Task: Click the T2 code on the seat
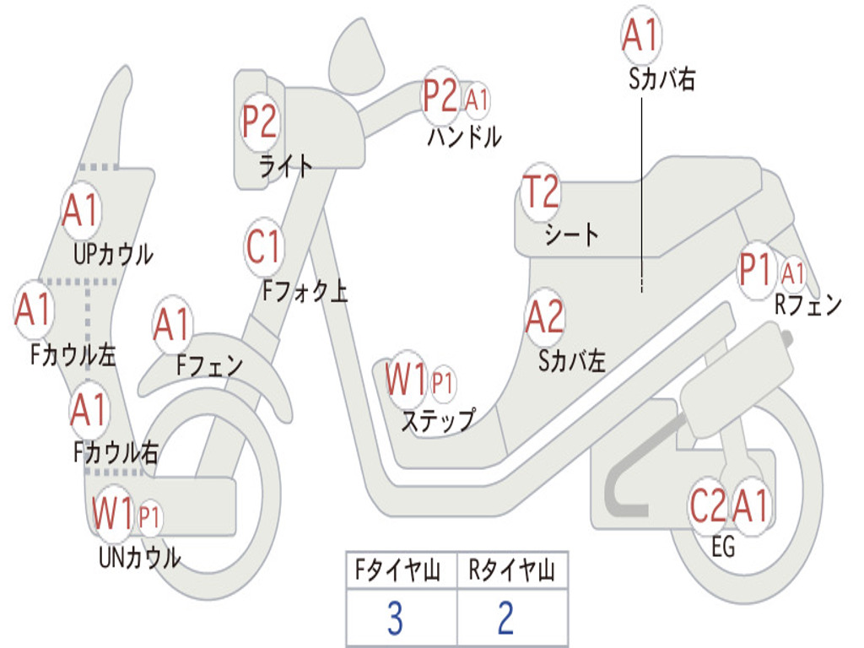[541, 192]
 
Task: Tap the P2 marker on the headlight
[260, 121]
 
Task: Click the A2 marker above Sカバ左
[544, 317]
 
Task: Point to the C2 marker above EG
[708, 506]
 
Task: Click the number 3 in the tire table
[394, 618]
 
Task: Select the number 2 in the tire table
[505, 618]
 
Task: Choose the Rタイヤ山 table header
[511, 572]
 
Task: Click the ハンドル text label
[464, 136]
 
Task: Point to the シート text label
[571, 234]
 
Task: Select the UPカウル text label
[113, 254]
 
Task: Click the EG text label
[723, 548]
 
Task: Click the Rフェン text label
[808, 305]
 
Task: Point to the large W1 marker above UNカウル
[113, 513]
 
